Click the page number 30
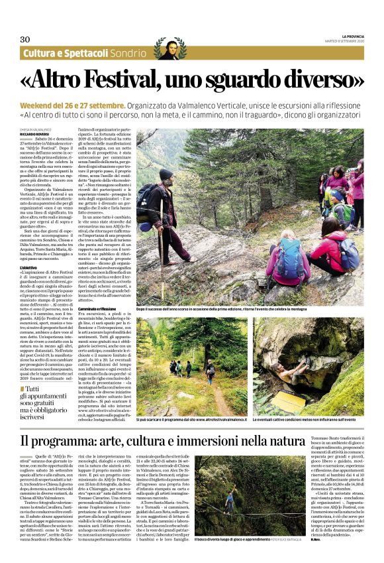[x=24, y=38]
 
